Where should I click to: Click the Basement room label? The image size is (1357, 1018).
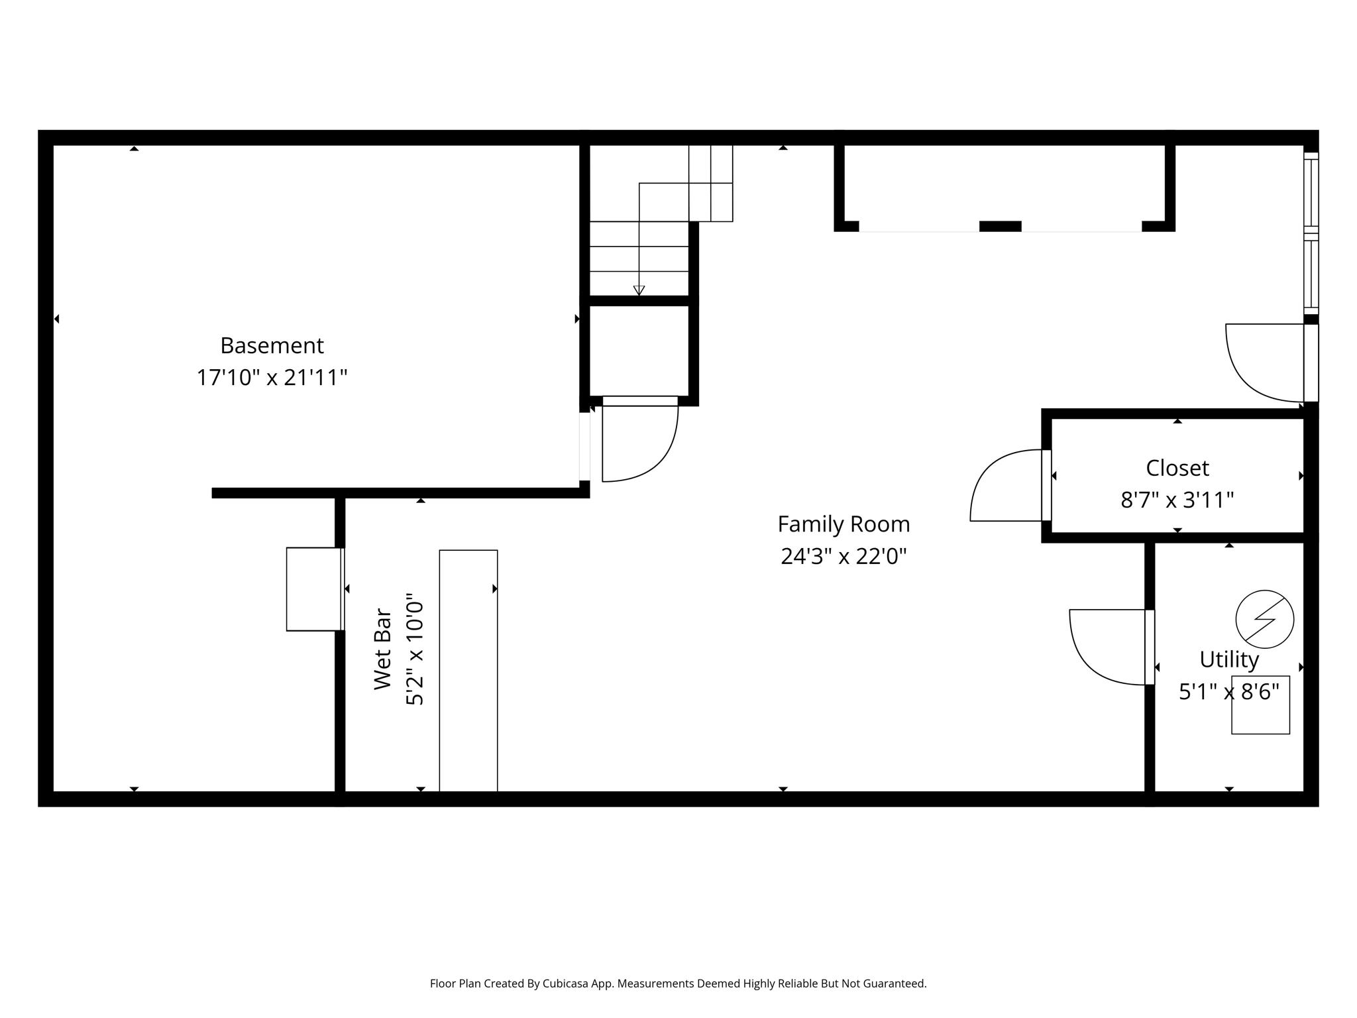272,345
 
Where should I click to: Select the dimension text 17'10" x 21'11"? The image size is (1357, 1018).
272,378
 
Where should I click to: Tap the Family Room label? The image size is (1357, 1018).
843,524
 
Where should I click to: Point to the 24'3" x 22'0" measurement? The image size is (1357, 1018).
843,556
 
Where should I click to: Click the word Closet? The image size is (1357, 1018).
1177,468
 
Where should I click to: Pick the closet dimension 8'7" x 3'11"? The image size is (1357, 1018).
1177,500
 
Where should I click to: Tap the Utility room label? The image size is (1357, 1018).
1228,659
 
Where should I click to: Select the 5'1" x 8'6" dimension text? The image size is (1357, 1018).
1228,692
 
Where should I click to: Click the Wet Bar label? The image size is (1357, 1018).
383,649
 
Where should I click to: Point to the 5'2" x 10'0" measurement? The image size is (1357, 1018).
415,649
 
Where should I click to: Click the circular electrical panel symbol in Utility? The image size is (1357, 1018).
1264,619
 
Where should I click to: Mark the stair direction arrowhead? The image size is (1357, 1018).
639,290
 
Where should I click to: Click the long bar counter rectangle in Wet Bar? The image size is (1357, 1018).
468,669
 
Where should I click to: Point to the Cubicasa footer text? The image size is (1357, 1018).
678,984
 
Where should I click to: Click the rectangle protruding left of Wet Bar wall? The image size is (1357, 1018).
313,589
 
